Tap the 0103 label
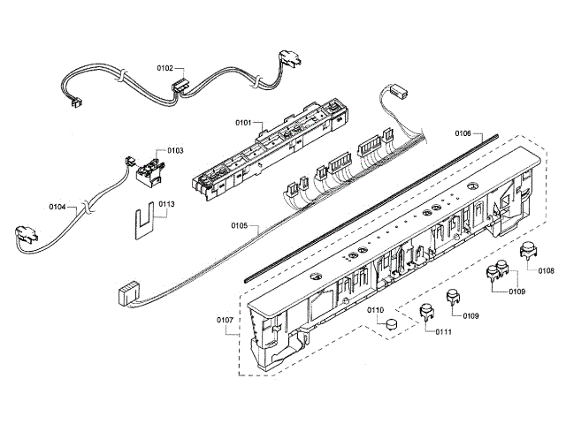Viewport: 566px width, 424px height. (x=174, y=151)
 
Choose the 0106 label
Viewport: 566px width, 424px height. (x=464, y=133)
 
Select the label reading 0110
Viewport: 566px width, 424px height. (x=375, y=310)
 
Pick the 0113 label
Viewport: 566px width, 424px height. (x=166, y=204)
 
